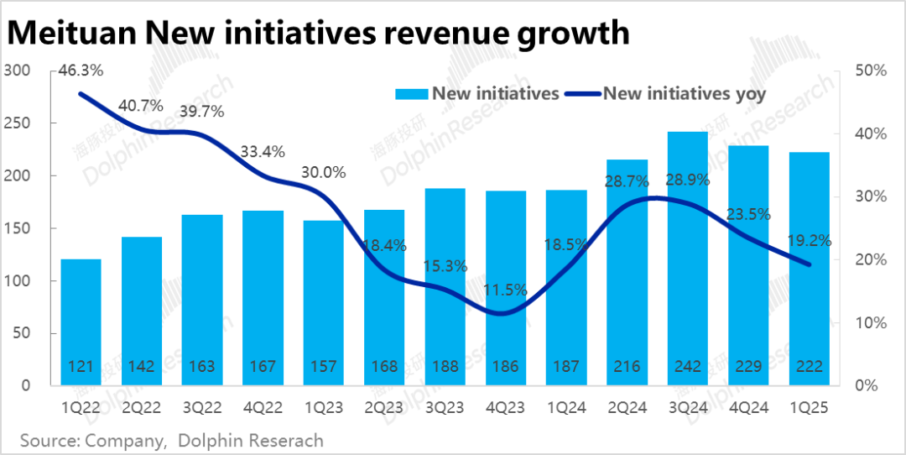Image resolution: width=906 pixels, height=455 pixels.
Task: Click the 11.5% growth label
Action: click(x=506, y=290)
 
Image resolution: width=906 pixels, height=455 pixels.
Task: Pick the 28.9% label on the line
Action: click(x=688, y=180)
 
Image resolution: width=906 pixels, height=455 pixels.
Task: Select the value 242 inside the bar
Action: click(x=688, y=367)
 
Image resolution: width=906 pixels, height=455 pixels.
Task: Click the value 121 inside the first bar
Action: click(x=81, y=367)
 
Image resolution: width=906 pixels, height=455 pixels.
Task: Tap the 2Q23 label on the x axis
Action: click(x=384, y=408)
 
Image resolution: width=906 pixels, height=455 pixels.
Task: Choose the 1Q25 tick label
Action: click(x=809, y=408)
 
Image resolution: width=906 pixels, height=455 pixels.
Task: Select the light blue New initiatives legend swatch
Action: click(x=412, y=94)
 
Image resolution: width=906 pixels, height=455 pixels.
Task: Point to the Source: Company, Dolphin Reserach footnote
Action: click(x=171, y=440)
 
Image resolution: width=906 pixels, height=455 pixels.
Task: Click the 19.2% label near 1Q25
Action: click(x=809, y=240)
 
